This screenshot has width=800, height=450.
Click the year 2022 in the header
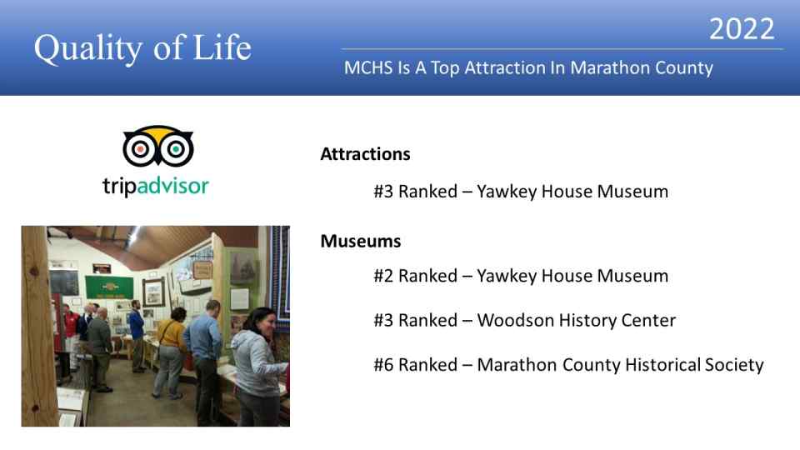click(x=742, y=28)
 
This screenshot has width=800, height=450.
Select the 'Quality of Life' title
click(x=142, y=48)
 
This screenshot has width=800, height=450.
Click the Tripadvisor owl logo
click(x=157, y=145)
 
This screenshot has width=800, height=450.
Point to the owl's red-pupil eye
click(x=140, y=149)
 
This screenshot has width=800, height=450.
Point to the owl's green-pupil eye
click(x=176, y=149)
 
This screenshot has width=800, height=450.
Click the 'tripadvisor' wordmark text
click(x=156, y=186)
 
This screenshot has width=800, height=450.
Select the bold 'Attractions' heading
click(x=365, y=154)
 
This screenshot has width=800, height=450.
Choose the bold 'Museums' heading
click(x=361, y=241)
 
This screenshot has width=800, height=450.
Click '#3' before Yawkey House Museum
click(x=383, y=192)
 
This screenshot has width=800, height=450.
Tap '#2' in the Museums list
click(x=383, y=276)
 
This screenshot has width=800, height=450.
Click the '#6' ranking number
click(x=383, y=365)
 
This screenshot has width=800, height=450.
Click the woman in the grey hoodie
click(x=257, y=367)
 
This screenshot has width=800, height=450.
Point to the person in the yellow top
click(x=170, y=352)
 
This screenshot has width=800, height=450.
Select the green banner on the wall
click(x=109, y=287)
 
